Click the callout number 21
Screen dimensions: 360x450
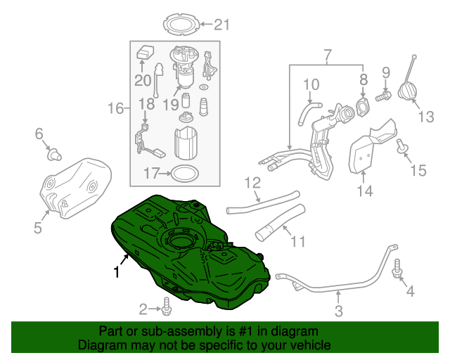221,26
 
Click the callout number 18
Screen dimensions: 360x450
145,105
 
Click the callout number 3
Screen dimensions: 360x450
338,310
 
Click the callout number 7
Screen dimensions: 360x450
326,54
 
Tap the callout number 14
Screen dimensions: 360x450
363,190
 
